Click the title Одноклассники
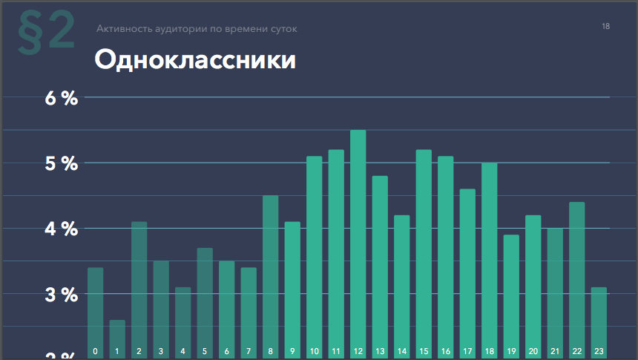click(195, 60)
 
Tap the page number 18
click(606, 27)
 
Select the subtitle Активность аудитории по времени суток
click(197, 29)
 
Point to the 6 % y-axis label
click(61, 98)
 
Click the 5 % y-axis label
click(61, 163)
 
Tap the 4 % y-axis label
click(61, 229)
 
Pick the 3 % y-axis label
click(61, 295)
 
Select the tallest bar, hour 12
click(358, 238)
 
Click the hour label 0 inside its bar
click(95, 351)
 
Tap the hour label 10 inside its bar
click(314, 351)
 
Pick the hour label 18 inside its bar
click(489, 351)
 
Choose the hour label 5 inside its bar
click(205, 351)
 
